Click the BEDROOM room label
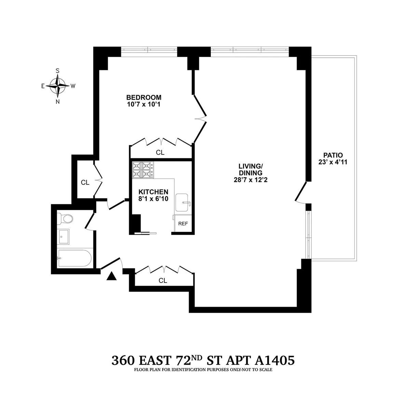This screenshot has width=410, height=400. coord(143,97)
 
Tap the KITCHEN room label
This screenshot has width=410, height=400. coord(153,192)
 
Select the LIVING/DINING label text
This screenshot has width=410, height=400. coord(250,169)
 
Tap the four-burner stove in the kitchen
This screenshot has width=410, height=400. coord(142,170)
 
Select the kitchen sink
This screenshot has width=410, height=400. coord(183,203)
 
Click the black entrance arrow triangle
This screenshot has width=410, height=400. coord(112,276)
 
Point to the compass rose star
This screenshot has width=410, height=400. coord(58,86)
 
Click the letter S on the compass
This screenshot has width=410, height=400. coord(58,71)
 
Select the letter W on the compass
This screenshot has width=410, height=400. coord(73,86)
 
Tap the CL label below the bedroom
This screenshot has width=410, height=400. coord(160,153)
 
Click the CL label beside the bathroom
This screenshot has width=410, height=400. coord(85,183)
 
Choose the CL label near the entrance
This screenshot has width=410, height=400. coord(163,280)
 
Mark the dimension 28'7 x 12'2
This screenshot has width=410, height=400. coord(250,180)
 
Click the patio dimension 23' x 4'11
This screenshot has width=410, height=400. coord(332,162)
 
